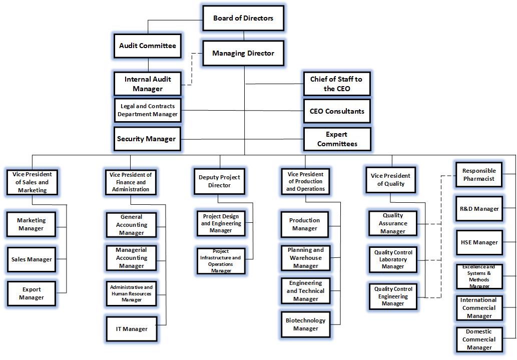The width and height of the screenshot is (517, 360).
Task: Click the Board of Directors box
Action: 243,19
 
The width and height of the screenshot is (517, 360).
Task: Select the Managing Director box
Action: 243,53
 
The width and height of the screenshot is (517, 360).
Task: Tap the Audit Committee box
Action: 147,46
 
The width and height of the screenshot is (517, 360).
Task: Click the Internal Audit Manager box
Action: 148,84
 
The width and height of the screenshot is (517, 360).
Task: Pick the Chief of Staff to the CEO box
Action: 336,84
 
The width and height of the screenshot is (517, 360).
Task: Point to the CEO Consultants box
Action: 336,111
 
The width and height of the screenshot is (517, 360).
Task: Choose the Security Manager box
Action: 146,139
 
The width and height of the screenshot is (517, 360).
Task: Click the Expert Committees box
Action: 337,139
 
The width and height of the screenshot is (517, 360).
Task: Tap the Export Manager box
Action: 32,293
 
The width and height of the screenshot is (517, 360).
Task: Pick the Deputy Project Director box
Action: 219,181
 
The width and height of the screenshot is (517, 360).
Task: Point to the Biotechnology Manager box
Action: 305,324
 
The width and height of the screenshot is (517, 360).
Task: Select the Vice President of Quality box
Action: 390,180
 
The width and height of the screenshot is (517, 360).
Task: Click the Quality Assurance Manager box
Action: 393,223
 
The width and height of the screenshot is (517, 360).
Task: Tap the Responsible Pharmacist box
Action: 478,175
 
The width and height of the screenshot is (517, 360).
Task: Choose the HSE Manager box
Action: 479,242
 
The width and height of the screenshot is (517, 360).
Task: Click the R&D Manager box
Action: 479,208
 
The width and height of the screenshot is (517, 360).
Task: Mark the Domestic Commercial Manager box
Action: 479,339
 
